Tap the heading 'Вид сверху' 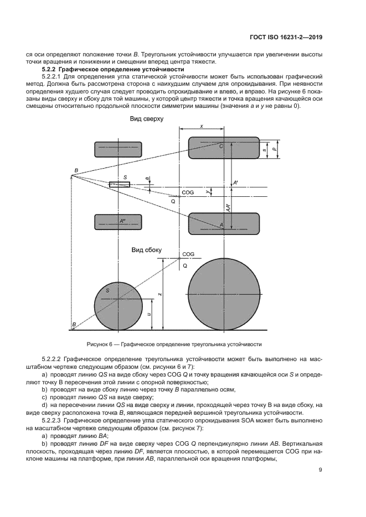[146, 119]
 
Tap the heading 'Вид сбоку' [146, 250]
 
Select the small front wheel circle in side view [118, 299]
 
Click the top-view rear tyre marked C [224, 148]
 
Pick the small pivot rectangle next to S [119, 184]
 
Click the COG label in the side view [188, 254]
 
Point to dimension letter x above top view [202, 127]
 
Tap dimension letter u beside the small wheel [149, 314]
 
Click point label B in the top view [76, 170]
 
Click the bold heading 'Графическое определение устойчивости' [125, 70]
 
